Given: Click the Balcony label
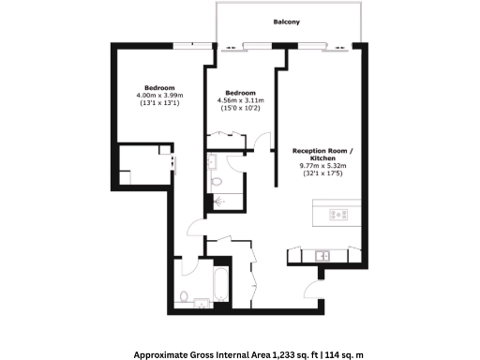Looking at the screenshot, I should click(x=287, y=22).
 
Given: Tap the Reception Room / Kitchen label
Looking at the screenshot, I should click(x=323, y=156).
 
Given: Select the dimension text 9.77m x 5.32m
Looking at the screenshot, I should click(x=323, y=166).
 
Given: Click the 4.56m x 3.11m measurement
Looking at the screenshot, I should click(x=240, y=100).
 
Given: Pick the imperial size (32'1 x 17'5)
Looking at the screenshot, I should click(x=323, y=174).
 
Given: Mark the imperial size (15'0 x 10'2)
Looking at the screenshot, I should click(x=240, y=109).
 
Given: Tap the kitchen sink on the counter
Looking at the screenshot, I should click(x=322, y=254).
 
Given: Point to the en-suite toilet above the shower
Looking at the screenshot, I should click(x=217, y=181).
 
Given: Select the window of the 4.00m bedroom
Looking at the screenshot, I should click(x=196, y=43).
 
